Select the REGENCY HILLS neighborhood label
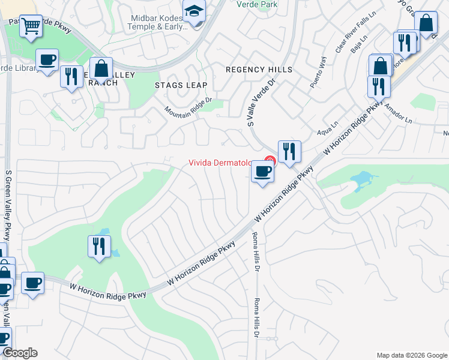[x=259, y=70]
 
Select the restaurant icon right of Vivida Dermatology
[x=289, y=151]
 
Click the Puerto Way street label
[x=318, y=73]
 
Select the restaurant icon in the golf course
[x=99, y=246]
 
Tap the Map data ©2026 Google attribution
[x=412, y=355]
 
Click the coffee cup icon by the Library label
[x=47, y=60]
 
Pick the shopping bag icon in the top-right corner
[x=426, y=24]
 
